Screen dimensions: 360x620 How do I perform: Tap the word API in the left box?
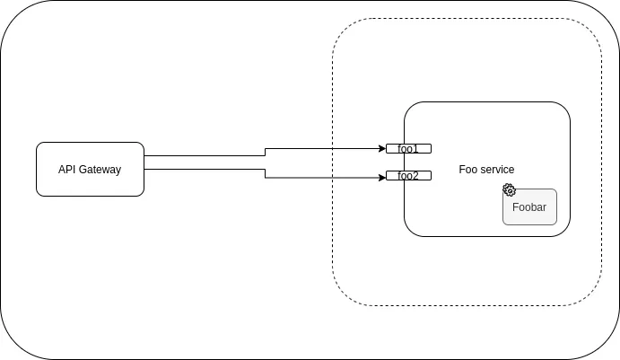click(68, 169)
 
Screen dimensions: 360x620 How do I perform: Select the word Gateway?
click(100, 169)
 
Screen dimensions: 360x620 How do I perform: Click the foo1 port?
click(408, 148)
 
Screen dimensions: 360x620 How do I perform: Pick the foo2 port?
click(408, 176)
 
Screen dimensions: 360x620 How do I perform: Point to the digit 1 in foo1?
click(415, 148)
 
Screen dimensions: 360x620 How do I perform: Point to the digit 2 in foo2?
click(415, 176)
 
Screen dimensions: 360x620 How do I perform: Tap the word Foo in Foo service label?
click(467, 170)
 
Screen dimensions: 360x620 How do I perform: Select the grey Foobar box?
click(530, 208)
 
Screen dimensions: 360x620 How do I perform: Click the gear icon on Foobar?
click(509, 189)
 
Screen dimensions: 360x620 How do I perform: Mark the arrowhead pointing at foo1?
click(381, 148)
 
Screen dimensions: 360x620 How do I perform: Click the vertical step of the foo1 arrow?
click(265, 153)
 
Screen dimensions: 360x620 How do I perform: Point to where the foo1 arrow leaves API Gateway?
click(145, 157)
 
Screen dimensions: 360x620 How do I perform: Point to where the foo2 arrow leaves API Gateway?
click(145, 168)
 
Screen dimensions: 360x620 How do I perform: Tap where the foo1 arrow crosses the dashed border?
click(333, 148)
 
